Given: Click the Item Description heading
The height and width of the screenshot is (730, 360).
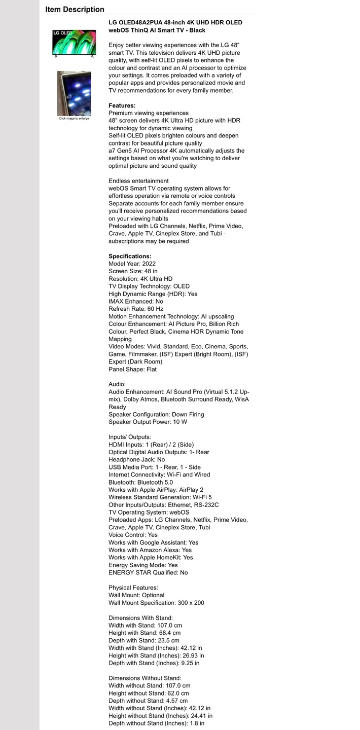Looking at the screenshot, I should pos(75,9).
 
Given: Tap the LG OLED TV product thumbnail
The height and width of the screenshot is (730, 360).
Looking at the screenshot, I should pos(74,43).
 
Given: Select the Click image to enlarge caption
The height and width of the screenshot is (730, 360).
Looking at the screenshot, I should pos(74,119).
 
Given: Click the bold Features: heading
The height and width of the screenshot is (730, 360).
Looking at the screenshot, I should pos(122,105).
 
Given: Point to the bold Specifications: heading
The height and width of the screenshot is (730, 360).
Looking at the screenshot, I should pos(130,256).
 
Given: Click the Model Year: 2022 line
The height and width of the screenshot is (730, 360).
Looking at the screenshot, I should pos(132,264).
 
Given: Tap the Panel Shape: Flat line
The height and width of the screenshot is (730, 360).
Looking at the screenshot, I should pos(133,369).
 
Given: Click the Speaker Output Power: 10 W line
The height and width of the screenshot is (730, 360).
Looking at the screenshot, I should pos(148,422).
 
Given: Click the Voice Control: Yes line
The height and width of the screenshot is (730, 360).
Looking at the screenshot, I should pos(133,535).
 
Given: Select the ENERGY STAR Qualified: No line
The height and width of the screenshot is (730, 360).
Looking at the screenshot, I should pos(148,572).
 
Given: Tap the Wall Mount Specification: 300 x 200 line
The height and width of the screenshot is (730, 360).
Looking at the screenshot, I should pos(157,603).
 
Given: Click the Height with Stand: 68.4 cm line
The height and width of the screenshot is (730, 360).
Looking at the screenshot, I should pos(145,633).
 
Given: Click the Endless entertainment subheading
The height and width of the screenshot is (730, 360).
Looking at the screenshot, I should pos(138,181).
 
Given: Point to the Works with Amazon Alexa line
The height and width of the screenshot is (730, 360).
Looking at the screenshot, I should pos(150,550).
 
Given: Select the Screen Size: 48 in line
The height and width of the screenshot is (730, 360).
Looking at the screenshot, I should pos(133,271).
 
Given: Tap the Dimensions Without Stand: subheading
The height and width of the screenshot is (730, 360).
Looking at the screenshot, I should pos(145,678).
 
